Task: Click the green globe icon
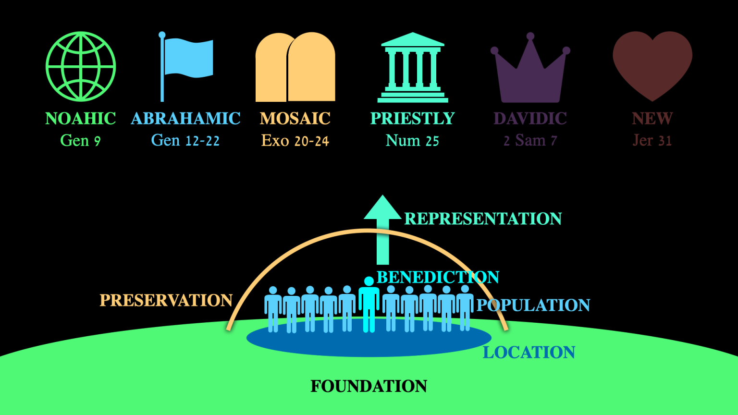pyautogui.click(x=81, y=67)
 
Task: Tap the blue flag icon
pyautogui.click(x=186, y=60)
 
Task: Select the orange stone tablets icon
pyautogui.click(x=295, y=67)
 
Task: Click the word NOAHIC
pyautogui.click(x=81, y=119)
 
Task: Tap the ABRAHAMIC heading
pyautogui.click(x=185, y=119)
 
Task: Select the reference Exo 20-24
pyautogui.click(x=295, y=141)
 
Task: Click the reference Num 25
pyautogui.click(x=412, y=141)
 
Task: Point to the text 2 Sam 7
pyautogui.click(x=530, y=141)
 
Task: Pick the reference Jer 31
pyautogui.click(x=652, y=141)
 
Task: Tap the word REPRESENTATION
pyautogui.click(x=483, y=219)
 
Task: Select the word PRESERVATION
pyautogui.click(x=166, y=301)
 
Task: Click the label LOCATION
pyautogui.click(x=529, y=353)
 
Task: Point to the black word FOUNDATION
pyautogui.click(x=369, y=386)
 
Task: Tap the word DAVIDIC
pyautogui.click(x=530, y=119)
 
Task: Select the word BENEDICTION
pyautogui.click(x=438, y=277)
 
